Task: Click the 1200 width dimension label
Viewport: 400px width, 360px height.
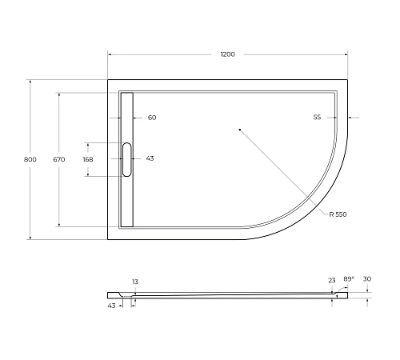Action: point(228,54)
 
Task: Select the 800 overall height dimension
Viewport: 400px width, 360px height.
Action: point(30,159)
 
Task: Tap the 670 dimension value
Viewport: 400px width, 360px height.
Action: point(59,159)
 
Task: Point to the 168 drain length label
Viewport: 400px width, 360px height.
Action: point(88,159)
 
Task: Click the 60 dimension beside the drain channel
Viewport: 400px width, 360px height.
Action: point(152,118)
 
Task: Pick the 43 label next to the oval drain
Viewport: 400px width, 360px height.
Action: point(150,158)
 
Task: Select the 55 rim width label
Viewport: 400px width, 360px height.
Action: point(317,118)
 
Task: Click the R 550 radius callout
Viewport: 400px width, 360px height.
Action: point(338,214)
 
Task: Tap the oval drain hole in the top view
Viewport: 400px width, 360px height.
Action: point(126,158)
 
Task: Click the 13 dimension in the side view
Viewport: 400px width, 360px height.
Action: point(134,282)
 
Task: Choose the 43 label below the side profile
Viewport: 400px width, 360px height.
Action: point(111,305)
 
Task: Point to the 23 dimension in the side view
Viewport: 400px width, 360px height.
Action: point(331,280)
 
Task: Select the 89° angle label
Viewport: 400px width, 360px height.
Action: point(348,279)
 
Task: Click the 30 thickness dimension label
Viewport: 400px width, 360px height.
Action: point(367,279)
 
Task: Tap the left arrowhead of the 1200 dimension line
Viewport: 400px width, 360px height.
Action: point(110,54)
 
